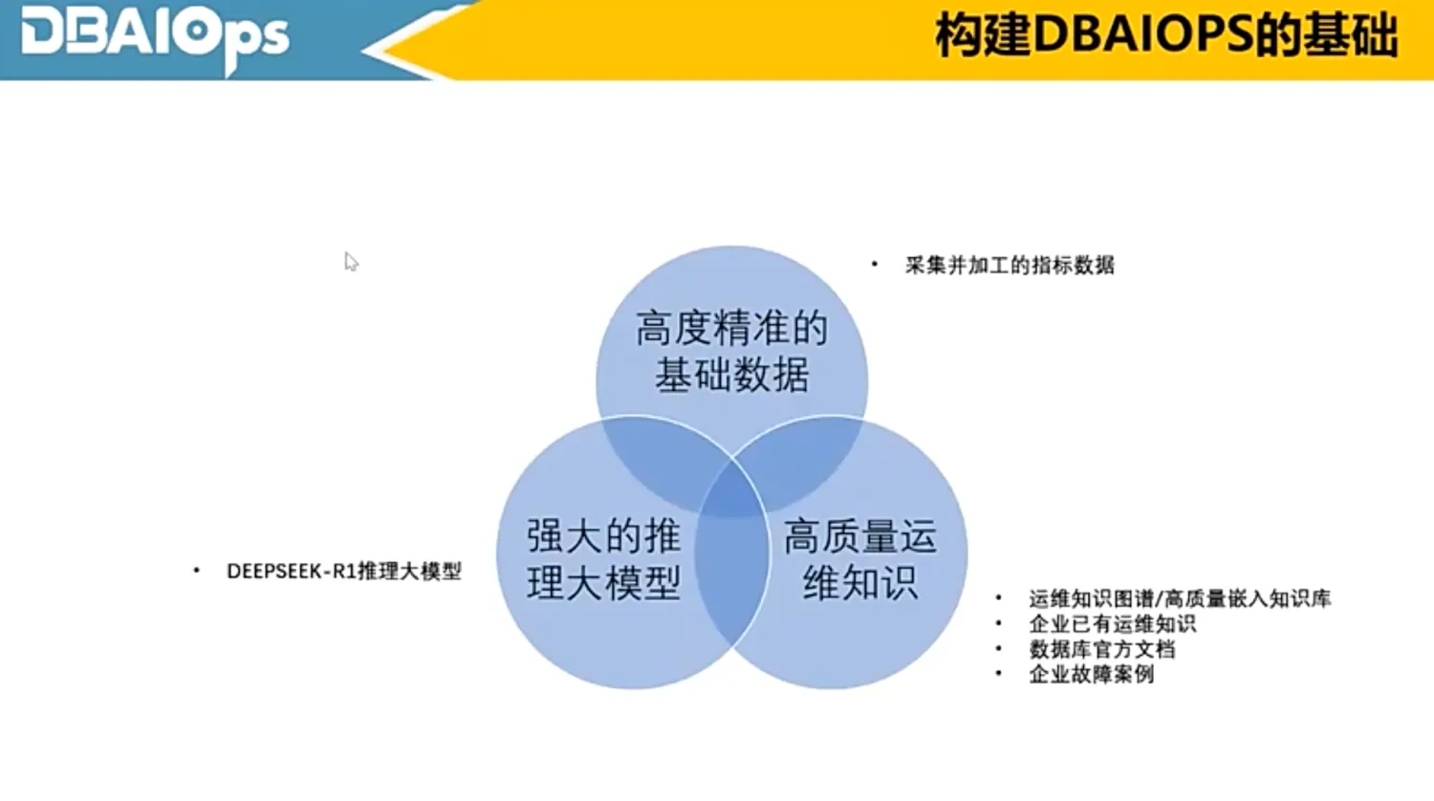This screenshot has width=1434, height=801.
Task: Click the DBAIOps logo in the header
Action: pos(153,36)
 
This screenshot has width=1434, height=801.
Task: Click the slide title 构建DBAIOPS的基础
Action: pos(1165,36)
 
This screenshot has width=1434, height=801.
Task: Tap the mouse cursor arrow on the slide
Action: pos(351,261)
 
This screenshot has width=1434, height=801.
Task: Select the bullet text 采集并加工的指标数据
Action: pos(1010,265)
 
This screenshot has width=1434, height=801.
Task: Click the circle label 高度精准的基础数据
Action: pos(731,351)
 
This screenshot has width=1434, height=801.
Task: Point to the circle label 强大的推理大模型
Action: pos(603,559)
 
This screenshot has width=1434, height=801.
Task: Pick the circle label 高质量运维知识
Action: pos(859,559)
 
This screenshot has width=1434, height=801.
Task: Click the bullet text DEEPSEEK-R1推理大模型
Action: pos(343,571)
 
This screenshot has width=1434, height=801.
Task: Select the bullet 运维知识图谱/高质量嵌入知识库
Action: pos(1180,598)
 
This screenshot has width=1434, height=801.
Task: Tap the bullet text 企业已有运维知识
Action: pos(1112,623)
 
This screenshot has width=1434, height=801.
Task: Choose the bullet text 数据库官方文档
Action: pos(1101,649)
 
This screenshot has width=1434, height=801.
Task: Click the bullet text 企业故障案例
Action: pos(1091,674)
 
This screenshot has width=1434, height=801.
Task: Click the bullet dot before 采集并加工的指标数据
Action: pos(874,265)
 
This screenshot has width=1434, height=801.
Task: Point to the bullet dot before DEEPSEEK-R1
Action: pos(197,571)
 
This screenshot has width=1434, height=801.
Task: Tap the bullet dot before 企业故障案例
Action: pos(999,674)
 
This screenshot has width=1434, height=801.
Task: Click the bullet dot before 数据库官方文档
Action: pos(999,649)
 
